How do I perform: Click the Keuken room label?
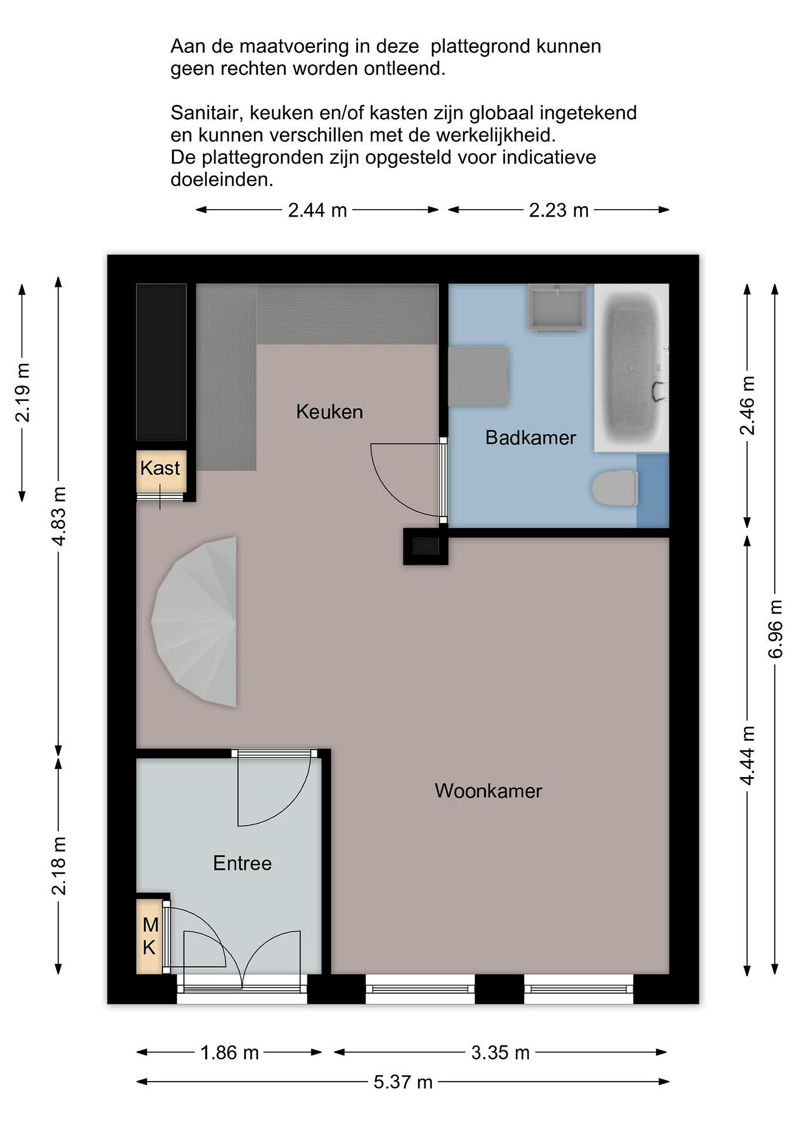(x=329, y=411)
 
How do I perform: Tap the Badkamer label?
(x=531, y=437)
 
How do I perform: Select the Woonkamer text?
(x=488, y=791)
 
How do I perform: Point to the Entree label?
(x=243, y=863)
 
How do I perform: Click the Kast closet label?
(x=160, y=468)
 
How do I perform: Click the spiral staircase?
(x=196, y=621)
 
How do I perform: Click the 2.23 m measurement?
(x=558, y=210)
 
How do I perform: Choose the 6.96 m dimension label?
(x=775, y=629)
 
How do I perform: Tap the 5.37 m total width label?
(x=403, y=1082)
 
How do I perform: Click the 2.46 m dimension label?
(x=747, y=405)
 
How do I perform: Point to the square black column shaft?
(x=425, y=546)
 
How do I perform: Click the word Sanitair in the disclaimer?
(x=207, y=113)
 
